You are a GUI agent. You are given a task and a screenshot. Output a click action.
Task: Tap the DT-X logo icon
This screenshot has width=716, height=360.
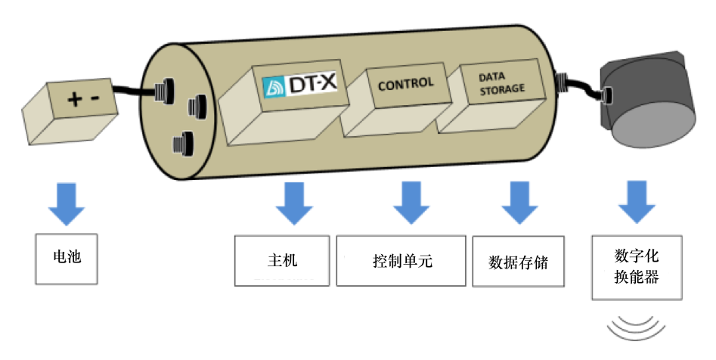coord(274,87)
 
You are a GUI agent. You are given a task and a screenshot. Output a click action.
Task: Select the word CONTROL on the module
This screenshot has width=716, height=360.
coord(405,83)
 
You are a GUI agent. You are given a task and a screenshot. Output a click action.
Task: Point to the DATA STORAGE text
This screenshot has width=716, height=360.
coord(501,83)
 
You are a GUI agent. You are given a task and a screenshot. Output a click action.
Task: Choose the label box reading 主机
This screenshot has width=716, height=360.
coord(282,261)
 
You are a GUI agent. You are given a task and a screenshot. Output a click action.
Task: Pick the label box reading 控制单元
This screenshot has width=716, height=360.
coord(401,261)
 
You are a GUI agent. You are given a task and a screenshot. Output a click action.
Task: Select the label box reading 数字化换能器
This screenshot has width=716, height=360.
coord(635,267)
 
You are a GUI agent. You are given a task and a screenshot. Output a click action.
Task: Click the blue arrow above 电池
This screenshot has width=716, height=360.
coord(67,205)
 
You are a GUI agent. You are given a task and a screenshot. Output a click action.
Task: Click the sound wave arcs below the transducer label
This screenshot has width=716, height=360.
coord(637,326)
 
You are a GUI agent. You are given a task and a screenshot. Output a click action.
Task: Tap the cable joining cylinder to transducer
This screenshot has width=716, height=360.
coord(582,88)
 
